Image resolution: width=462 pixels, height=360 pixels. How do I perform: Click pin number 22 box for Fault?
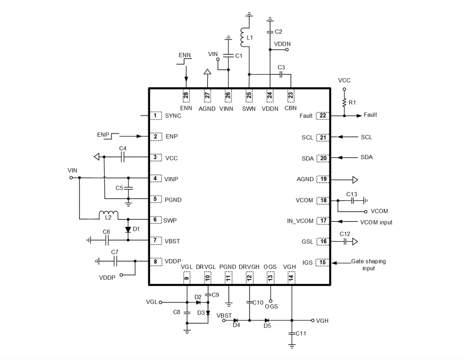[323, 116]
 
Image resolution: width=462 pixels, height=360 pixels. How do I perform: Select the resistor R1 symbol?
[344, 103]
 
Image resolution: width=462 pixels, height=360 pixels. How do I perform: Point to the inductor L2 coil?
[108, 214]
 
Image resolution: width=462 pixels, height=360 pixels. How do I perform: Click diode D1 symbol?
[128, 230]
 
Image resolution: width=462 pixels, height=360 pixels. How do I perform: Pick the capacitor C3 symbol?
[281, 74]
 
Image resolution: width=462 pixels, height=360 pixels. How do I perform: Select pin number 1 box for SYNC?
[155, 116]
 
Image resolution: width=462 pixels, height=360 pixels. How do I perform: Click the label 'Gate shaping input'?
[368, 265]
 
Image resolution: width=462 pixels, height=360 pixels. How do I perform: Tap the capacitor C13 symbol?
[353, 200]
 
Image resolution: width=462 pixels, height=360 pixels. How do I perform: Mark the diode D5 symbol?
[267, 320]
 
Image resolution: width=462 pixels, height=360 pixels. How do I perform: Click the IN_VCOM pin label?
[300, 221]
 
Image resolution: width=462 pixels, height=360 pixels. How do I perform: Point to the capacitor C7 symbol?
[115, 261]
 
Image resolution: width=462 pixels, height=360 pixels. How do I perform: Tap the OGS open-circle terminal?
[270, 301]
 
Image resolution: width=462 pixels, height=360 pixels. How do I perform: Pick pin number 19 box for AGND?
[323, 179]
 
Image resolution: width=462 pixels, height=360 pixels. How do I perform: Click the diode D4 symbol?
[236, 320]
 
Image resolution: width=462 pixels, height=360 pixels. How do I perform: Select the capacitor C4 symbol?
[122, 157]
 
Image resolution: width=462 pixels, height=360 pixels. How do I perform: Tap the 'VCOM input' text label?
[376, 222]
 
